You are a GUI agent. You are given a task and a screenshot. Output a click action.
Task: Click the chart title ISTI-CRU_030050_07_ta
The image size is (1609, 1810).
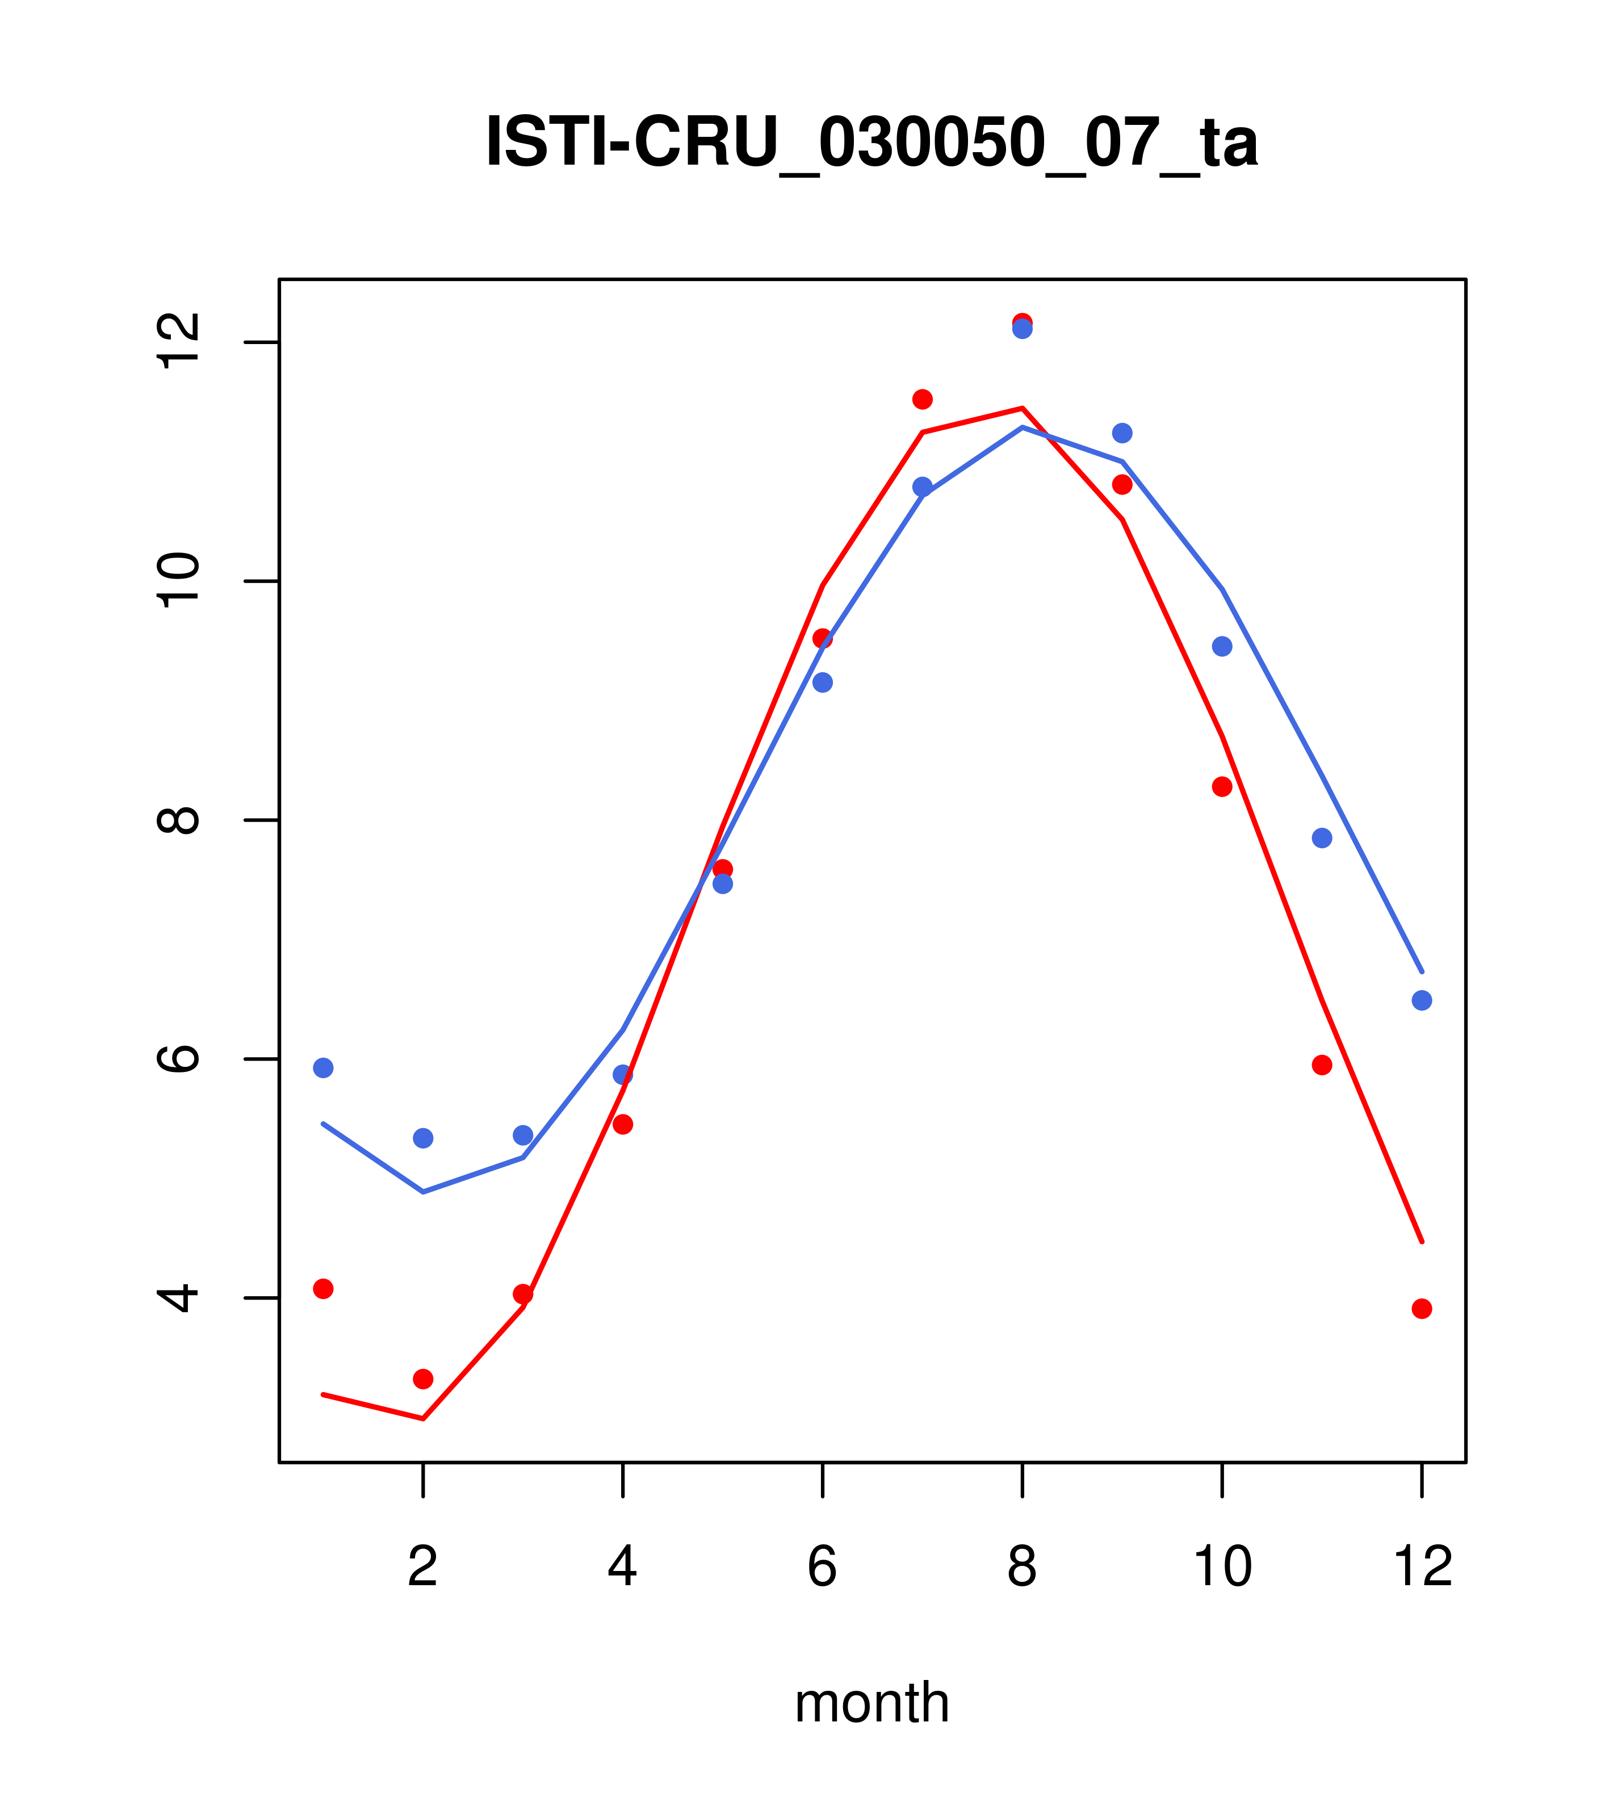(x=871, y=142)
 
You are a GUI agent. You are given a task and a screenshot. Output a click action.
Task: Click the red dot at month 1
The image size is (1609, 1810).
(x=323, y=1288)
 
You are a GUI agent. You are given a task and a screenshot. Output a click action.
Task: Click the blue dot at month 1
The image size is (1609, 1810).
(x=323, y=1068)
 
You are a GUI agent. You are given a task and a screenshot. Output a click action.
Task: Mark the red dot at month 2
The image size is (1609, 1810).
(x=424, y=1379)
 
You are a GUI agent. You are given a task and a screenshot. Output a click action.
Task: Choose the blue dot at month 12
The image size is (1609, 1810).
(x=1422, y=1000)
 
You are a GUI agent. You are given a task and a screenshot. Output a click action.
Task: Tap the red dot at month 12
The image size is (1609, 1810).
(x=1422, y=1309)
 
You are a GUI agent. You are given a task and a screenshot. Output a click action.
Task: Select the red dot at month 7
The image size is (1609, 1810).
(x=923, y=399)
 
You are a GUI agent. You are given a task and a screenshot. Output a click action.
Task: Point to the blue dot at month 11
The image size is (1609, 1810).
(x=1322, y=837)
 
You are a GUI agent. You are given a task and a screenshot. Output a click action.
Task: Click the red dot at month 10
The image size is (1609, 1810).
(x=1222, y=786)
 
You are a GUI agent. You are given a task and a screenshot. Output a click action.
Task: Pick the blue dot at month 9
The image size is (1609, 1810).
(x=1122, y=433)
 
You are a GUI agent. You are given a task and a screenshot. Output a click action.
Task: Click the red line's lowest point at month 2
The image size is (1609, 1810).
(x=424, y=1419)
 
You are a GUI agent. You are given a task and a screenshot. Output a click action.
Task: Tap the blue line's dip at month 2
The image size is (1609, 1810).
(x=424, y=1192)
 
